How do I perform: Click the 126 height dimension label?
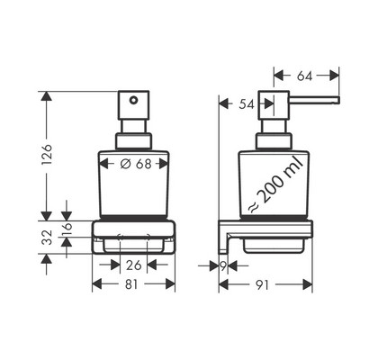(47, 154)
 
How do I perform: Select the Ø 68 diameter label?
(136, 164)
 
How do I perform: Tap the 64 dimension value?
(304, 76)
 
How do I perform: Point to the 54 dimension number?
(247, 104)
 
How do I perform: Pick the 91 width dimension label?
(263, 284)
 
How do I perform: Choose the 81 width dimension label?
(131, 284)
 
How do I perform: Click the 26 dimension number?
(133, 265)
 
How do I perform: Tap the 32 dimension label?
(47, 238)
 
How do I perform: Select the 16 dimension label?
(67, 229)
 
